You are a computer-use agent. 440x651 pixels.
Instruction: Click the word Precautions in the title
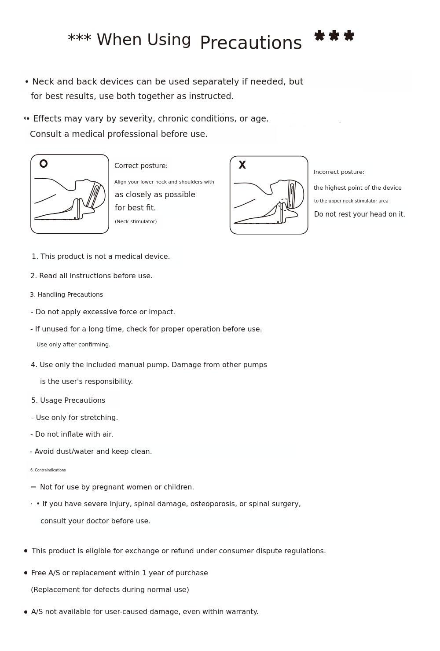coord(251,43)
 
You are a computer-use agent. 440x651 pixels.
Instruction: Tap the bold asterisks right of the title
coord(334,36)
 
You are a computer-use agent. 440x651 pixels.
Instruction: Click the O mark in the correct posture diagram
coord(44,164)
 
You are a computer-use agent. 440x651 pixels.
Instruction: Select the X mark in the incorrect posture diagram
coord(242,165)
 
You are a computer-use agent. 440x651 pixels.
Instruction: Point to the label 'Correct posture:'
coord(141,166)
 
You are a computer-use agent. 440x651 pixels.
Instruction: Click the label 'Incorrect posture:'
coord(339,172)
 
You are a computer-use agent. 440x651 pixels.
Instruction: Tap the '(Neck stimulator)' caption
coord(136,221)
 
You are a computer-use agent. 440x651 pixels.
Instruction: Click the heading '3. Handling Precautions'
coord(66,294)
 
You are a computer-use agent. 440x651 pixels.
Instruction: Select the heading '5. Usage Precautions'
coord(68,400)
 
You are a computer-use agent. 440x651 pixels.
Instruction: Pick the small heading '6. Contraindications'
coord(48,470)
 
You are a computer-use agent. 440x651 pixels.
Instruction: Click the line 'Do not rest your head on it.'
coord(359,214)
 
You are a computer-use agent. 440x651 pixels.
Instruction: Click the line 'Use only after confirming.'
coord(73,344)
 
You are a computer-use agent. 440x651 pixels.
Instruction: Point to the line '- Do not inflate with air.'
coord(72,434)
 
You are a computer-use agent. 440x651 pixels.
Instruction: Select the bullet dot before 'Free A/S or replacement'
coord(26,573)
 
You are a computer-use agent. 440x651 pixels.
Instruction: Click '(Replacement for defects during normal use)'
coord(110,589)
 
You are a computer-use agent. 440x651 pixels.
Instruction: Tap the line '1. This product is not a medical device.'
coord(101,256)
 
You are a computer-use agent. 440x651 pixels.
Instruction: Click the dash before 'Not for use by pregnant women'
coord(33,487)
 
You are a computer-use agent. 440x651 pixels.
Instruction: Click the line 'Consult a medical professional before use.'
coord(119,134)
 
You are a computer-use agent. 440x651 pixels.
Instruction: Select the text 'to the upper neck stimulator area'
coord(351,201)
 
